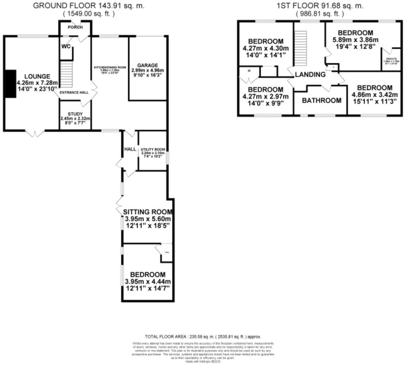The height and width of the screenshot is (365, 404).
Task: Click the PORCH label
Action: (x=75, y=27)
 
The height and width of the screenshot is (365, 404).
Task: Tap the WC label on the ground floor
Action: (x=66, y=46)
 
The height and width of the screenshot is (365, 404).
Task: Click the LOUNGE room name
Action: (x=37, y=76)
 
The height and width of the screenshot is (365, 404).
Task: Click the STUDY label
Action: (x=75, y=114)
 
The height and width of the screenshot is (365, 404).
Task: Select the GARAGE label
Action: (x=148, y=65)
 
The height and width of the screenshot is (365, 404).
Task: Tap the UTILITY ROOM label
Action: (x=153, y=150)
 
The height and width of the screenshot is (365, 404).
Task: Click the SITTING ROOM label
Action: (x=148, y=212)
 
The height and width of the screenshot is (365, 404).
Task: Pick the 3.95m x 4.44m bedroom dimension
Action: (x=148, y=282)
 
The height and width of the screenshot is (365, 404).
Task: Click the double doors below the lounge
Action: (x=35, y=133)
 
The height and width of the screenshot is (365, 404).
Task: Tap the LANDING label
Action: (x=310, y=75)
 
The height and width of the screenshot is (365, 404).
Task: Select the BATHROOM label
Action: (x=322, y=100)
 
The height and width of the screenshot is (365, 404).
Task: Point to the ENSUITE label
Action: (x=391, y=59)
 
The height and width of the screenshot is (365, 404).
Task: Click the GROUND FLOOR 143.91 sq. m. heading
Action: (x=89, y=6)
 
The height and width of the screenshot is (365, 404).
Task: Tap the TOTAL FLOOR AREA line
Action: (x=203, y=336)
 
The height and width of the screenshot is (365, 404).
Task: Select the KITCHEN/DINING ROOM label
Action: (x=110, y=67)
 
